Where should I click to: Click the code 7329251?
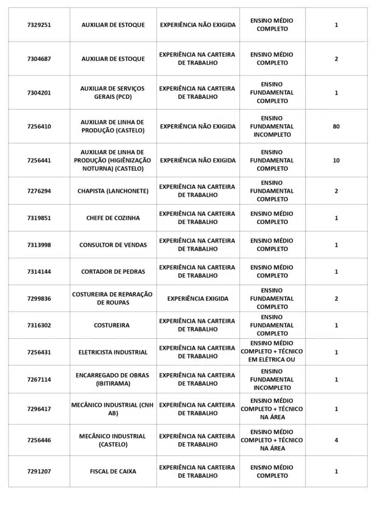click(39, 25)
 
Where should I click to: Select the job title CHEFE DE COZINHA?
click(113, 218)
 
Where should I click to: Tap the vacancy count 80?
click(336, 126)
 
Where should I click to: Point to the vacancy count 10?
click(336, 161)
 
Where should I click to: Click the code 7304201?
click(39, 93)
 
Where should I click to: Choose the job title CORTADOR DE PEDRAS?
click(113, 272)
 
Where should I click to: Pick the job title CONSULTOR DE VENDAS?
click(113, 245)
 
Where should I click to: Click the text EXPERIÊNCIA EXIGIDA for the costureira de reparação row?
click(197, 299)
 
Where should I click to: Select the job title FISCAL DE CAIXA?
click(113, 472)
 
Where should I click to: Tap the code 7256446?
click(39, 441)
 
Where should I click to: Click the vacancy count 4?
click(336, 441)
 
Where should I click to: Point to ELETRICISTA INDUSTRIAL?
click(113, 352)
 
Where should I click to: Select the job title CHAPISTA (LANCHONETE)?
click(113, 191)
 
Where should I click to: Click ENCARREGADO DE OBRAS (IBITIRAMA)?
click(113, 379)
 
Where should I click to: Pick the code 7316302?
click(39, 326)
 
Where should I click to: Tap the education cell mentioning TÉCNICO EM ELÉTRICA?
click(272, 352)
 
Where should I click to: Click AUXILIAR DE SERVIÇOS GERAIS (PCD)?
click(113, 92)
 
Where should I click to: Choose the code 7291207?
click(39, 472)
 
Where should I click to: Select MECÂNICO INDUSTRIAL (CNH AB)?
click(113, 409)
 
